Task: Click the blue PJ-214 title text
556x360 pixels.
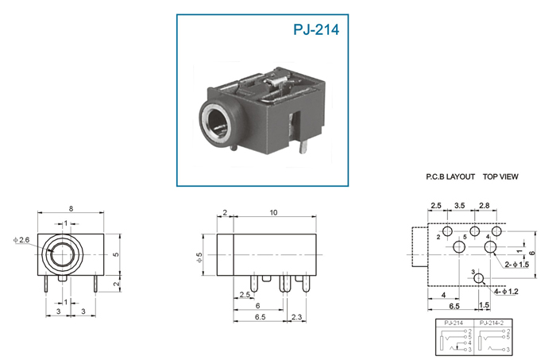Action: [x=316, y=29]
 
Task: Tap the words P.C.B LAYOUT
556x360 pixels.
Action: [x=450, y=176]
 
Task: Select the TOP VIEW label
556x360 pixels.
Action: [x=500, y=176]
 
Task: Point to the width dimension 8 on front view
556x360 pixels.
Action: [x=71, y=208]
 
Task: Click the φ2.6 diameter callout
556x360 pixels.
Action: [x=21, y=240]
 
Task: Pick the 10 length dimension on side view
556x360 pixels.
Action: [x=273, y=212]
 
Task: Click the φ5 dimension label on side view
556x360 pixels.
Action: [x=199, y=257]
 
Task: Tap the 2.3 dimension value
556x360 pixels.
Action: [x=296, y=317]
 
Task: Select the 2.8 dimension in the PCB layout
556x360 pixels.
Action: [x=485, y=205]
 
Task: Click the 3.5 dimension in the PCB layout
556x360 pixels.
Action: [x=460, y=205]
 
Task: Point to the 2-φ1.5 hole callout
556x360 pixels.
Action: [x=516, y=265]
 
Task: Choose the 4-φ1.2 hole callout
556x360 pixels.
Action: [x=506, y=292]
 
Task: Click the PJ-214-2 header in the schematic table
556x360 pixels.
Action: [x=491, y=323]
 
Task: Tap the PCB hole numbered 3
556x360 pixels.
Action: [x=479, y=278]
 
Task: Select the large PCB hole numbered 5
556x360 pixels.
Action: [x=460, y=246]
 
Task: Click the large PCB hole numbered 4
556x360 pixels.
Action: [x=491, y=246]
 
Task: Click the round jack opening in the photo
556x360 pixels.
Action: [x=218, y=124]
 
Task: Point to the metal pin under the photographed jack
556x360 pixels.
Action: [x=302, y=146]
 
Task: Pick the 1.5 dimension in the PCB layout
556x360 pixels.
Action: [x=484, y=304]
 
